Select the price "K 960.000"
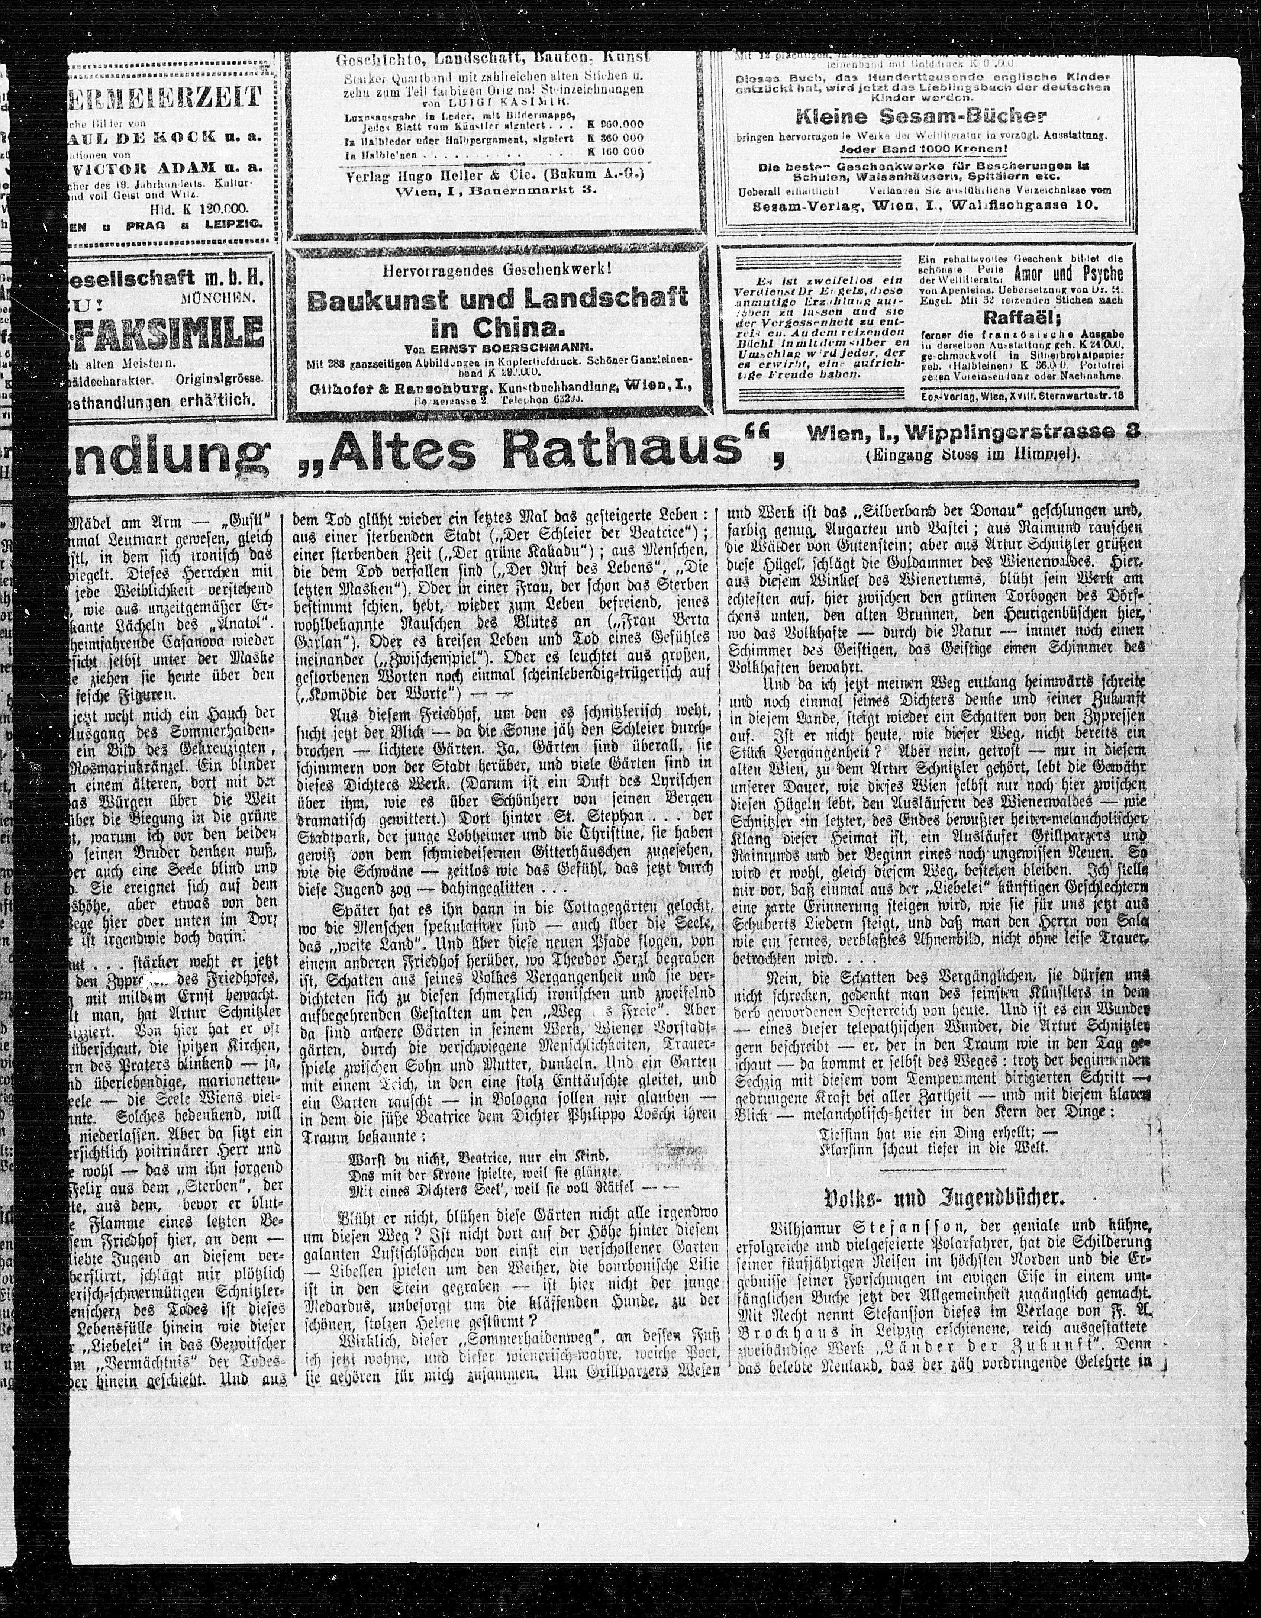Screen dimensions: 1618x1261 [615, 125]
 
